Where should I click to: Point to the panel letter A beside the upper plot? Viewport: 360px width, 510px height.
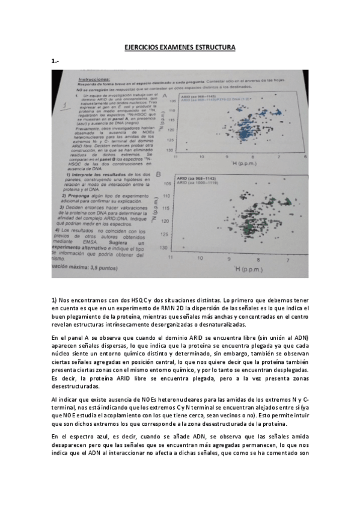pos(165,96)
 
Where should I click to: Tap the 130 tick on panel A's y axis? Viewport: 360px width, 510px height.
pos(171,149)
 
